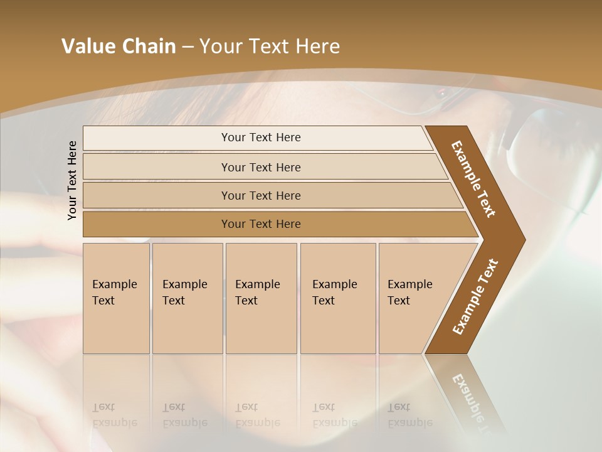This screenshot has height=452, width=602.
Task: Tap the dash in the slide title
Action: tap(187, 47)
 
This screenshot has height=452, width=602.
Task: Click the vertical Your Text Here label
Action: tap(72, 180)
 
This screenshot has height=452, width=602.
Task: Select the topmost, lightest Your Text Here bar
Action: tap(260, 137)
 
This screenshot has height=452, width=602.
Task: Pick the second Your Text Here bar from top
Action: tap(260, 167)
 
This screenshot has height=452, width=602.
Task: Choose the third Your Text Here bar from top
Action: tap(260, 195)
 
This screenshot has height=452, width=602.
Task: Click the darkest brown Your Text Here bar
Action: tap(260, 224)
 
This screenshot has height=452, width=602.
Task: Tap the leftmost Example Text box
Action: tap(116, 298)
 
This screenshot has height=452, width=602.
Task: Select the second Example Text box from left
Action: tap(187, 298)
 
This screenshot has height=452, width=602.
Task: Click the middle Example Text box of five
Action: tap(260, 298)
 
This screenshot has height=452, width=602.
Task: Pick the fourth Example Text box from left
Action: tap(337, 298)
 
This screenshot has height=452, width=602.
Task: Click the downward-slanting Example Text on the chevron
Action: tap(473, 179)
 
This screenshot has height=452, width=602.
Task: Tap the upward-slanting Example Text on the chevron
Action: tap(475, 296)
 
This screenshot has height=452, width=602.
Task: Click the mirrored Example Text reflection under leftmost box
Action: tap(115, 415)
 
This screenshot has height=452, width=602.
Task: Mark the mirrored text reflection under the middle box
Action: tap(258, 415)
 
